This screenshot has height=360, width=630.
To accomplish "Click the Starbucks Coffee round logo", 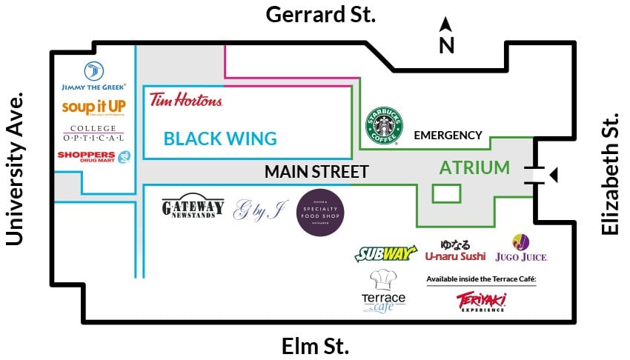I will point(384,124).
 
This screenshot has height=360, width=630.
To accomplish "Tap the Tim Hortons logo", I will point(185,100).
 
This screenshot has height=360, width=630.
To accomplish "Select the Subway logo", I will point(385,254).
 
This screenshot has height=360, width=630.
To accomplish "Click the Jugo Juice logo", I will point(530,248).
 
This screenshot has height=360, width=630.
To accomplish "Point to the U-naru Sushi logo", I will point(455,250).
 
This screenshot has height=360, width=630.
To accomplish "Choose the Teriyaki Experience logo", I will point(481,301).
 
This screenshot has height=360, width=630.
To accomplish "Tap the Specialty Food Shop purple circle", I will point(320,213).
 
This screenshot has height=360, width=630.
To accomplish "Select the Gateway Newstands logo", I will point(193,208).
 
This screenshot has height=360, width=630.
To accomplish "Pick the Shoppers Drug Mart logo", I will point(93,156).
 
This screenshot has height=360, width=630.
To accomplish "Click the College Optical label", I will point(93,133).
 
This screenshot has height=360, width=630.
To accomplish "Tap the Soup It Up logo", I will point(93,108).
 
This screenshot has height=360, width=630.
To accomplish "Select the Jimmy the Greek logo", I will point(93,77).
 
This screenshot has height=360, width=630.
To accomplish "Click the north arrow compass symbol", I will point(446,36).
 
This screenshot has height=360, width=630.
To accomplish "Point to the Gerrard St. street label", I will point(320,14).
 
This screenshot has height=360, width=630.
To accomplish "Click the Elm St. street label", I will point(315,346).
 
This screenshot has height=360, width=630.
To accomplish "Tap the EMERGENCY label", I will point(448,136).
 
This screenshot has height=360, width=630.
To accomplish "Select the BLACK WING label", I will point(220,139).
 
